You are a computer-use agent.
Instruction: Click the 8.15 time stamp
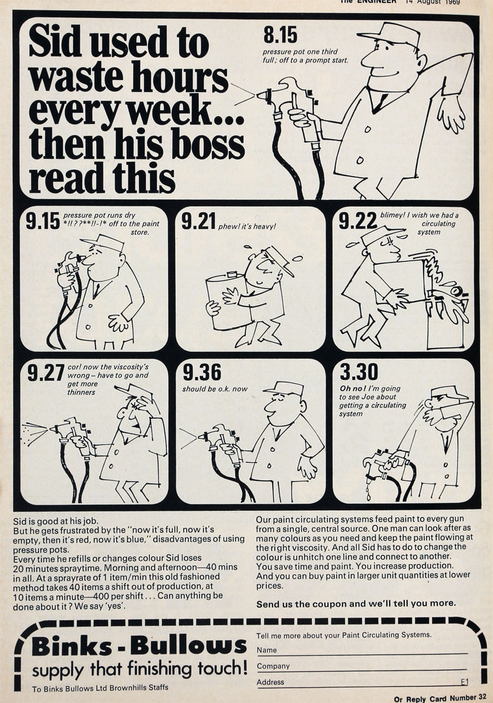click(280, 34)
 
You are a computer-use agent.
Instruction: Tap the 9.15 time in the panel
click(43, 221)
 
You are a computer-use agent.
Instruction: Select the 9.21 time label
click(198, 221)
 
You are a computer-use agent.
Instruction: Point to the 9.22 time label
click(357, 221)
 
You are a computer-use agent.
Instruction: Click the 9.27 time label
click(45, 373)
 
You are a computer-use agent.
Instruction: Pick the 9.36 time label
click(202, 372)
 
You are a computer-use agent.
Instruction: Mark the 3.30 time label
click(359, 372)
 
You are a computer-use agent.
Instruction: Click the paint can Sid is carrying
click(226, 301)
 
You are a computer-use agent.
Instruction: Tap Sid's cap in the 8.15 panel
click(389, 34)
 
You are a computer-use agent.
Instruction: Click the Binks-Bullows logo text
click(139, 646)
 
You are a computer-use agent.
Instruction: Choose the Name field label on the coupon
click(267, 650)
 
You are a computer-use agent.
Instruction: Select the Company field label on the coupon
click(273, 666)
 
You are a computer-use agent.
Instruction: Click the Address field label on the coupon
click(271, 682)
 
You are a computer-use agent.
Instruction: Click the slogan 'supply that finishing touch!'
click(139, 669)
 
